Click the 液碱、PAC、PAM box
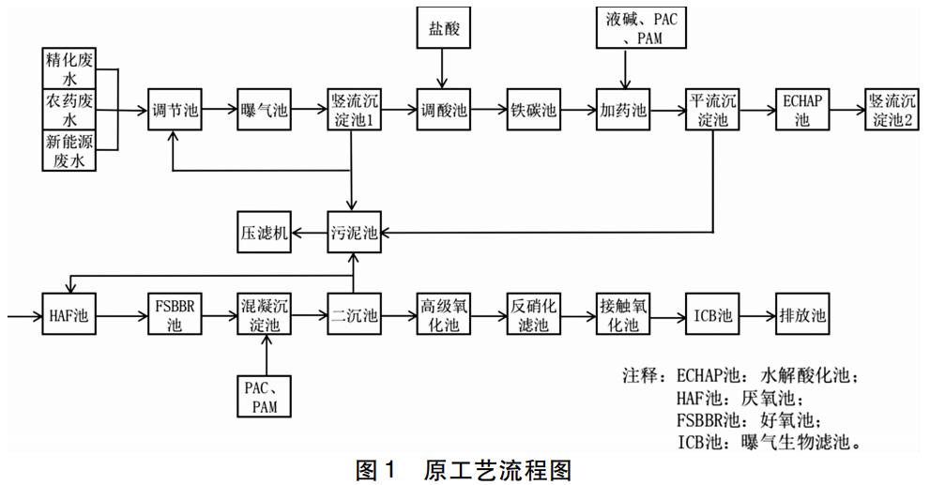pyautogui.click(x=623, y=28)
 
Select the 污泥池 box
pyautogui.click(x=354, y=233)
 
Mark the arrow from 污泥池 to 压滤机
pyautogui.click(x=309, y=233)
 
